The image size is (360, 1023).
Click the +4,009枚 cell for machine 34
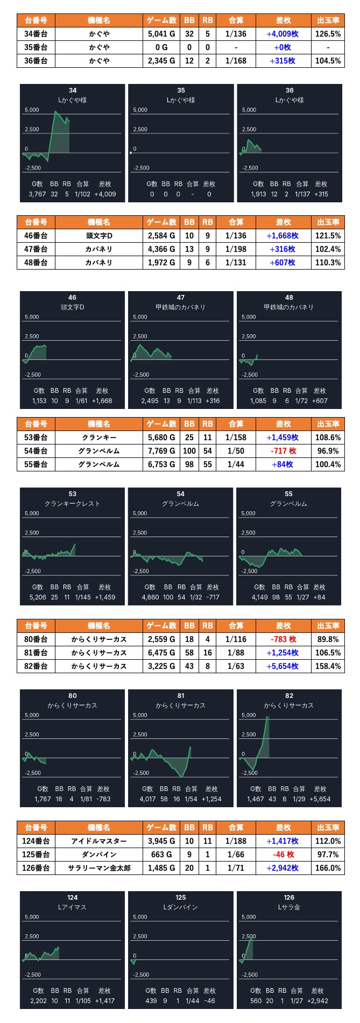tap(283, 34)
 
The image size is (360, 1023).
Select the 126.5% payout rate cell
tap(328, 34)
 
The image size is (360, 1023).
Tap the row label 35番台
tap(36, 47)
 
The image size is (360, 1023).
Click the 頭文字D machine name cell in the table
tap(99, 236)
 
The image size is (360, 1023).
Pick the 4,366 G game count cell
tap(161, 249)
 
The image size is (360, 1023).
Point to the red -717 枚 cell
tap(283, 451)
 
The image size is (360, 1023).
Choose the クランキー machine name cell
tap(99, 438)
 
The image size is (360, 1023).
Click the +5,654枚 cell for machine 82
tap(283, 666)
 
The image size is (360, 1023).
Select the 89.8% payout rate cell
tap(328, 639)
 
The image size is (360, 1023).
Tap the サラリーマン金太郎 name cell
tap(99, 868)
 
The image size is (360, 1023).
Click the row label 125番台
tap(36, 855)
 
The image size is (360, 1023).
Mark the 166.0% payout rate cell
tap(328, 868)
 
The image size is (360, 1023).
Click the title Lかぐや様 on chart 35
tap(181, 100)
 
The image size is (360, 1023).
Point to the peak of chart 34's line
tap(55, 112)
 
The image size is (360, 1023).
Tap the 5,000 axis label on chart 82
tap(249, 715)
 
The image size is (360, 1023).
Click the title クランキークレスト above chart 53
tap(72, 504)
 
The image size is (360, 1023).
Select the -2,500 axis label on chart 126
tap(249, 975)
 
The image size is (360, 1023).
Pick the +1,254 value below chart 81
tap(211, 799)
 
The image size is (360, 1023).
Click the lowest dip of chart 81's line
tap(182, 777)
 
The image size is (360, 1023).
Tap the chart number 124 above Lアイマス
tap(72, 898)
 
